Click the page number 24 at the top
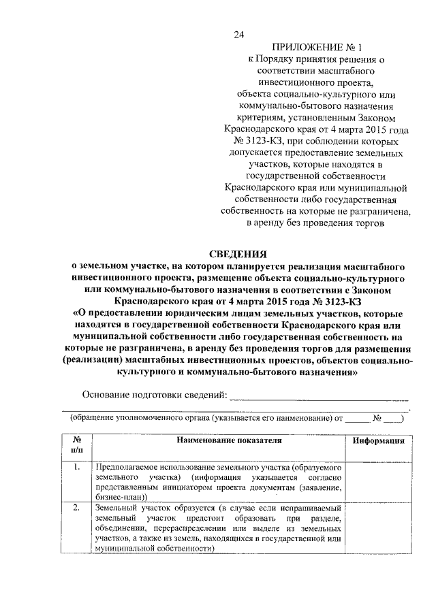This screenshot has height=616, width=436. click(x=238, y=35)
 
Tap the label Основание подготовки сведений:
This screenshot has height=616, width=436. click(x=154, y=395)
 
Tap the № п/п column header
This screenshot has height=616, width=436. click(x=77, y=445)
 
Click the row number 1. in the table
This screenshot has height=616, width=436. click(x=77, y=468)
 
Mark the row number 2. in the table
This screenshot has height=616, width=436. click(x=77, y=508)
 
